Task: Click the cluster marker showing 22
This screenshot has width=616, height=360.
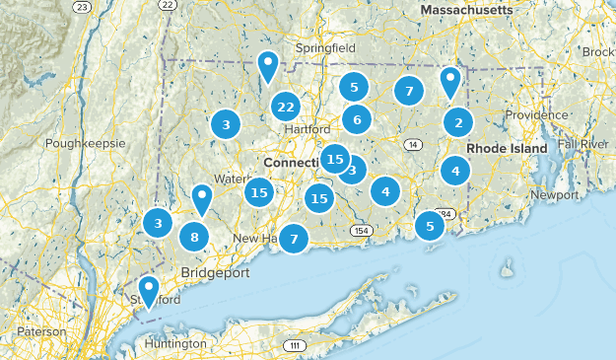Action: (x=286, y=107)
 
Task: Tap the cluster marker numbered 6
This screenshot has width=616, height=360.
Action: (x=357, y=120)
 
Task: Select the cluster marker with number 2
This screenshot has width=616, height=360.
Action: (x=457, y=122)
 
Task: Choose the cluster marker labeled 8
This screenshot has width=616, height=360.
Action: (x=195, y=237)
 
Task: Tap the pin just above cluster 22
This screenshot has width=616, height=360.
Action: (x=267, y=67)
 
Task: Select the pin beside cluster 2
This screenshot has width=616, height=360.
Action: (x=450, y=83)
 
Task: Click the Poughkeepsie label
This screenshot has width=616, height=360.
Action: (x=85, y=143)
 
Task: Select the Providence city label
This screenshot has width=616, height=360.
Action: (x=537, y=115)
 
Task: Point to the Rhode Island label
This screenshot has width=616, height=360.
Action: (x=506, y=148)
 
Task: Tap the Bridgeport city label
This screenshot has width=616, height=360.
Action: (x=215, y=272)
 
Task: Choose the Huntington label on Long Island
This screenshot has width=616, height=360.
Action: (x=176, y=343)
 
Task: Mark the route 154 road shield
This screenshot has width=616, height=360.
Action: (x=362, y=231)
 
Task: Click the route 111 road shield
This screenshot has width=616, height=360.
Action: (x=293, y=345)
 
